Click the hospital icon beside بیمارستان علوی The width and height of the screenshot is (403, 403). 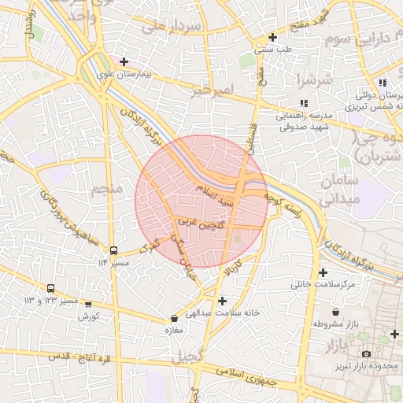(124, 61)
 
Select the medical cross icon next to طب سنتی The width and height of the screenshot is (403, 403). (272, 37)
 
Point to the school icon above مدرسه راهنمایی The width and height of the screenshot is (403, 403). (304, 103)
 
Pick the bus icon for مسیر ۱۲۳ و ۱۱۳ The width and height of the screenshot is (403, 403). (51, 289)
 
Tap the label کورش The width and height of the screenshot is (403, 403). (87, 316)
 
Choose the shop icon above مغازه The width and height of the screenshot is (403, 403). (174, 319)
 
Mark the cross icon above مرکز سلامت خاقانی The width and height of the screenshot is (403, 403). (323, 272)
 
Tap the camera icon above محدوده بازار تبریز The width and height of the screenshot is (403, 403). (366, 354)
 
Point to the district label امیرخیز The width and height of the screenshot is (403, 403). (213, 91)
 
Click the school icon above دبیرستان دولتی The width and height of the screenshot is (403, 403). (382, 83)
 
